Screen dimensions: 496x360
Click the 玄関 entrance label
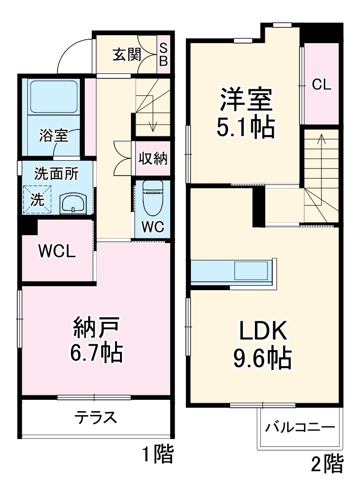pos(126,54)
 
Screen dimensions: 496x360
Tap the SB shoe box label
pos(164,55)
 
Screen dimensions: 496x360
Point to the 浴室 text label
pos(54,135)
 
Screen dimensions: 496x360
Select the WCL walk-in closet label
pos(58,252)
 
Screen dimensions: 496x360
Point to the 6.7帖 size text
pos(97,353)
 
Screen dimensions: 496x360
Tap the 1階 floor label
pos(158,454)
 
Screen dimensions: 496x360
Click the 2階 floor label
pos(327,464)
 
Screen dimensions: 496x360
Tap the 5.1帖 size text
pos(245,128)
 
